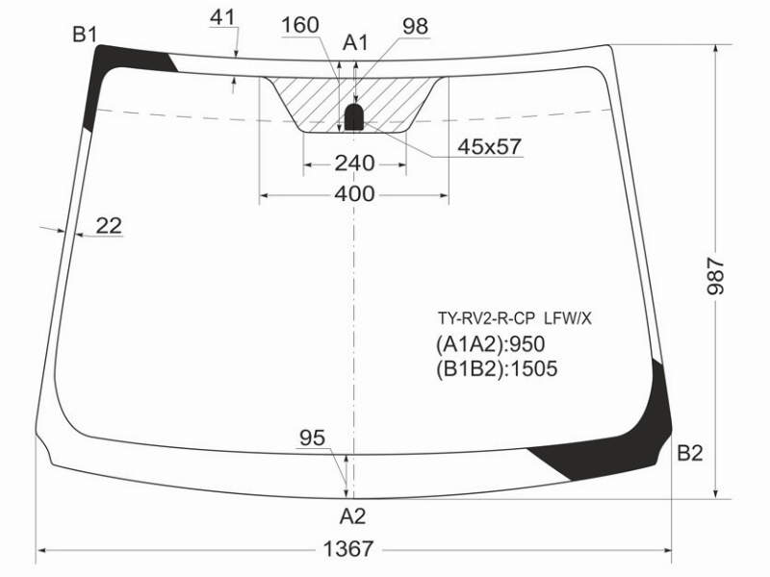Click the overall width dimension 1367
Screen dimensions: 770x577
pos(348,548)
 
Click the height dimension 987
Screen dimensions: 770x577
pos(715,276)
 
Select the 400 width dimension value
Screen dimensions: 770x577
pos(354,194)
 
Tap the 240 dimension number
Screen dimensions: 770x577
pos(354,163)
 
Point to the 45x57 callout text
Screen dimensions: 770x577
pos(489,146)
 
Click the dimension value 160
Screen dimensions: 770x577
pos(300,25)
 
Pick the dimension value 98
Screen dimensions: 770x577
pos(416,26)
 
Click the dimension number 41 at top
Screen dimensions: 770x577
pos(222,17)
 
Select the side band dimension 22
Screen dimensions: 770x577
pos(109,226)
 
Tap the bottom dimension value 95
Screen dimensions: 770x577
pos(312,438)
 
